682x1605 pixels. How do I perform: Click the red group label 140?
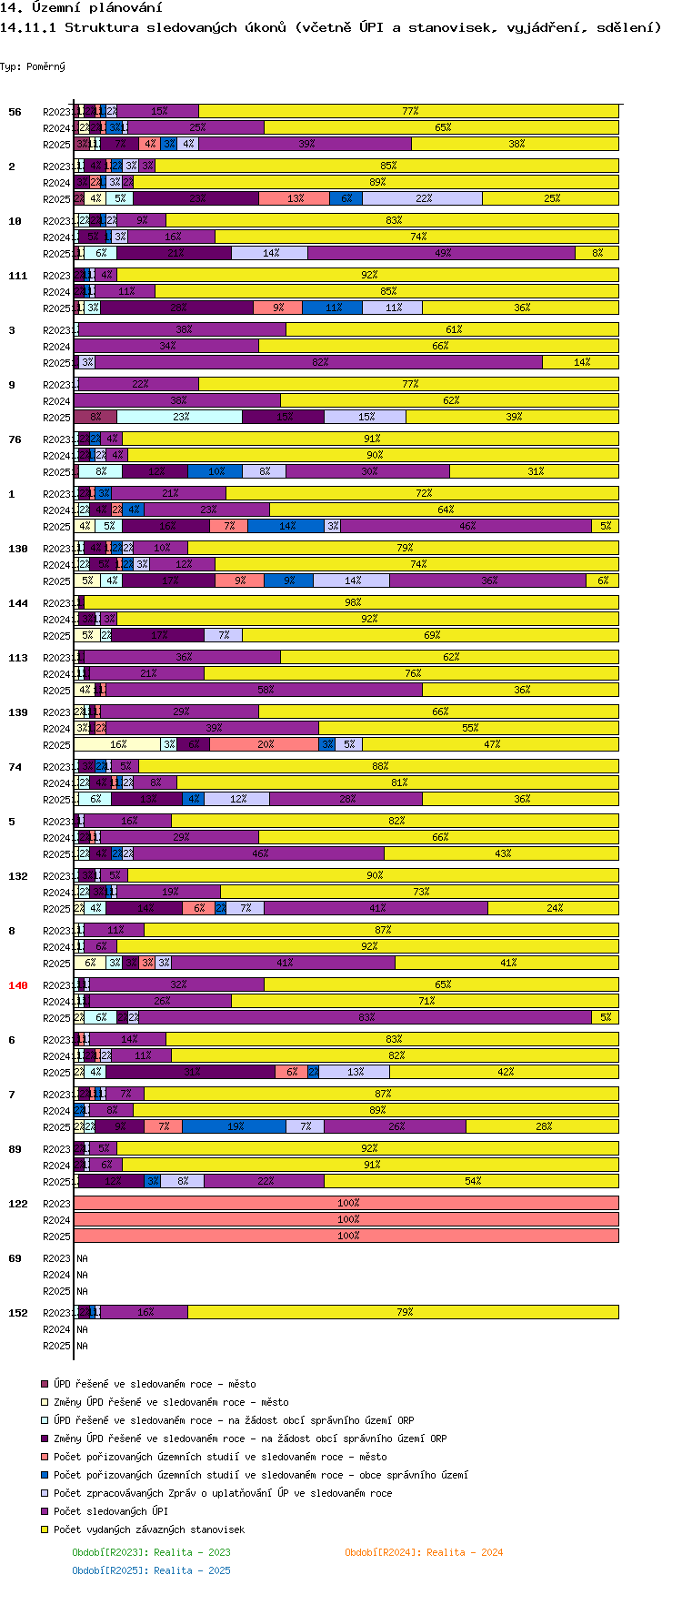click(x=17, y=985)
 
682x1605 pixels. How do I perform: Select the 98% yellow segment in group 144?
click(x=352, y=602)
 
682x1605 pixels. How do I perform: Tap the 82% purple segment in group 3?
click(x=319, y=362)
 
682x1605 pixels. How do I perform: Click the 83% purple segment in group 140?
click(x=366, y=1017)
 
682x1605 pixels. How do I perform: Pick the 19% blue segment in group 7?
click(x=235, y=1126)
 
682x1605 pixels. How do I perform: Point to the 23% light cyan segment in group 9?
click(x=180, y=417)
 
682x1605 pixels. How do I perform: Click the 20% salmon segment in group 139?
click(x=265, y=744)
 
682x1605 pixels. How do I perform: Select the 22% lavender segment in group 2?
click(x=423, y=198)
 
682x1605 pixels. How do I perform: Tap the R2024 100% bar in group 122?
click(x=346, y=1219)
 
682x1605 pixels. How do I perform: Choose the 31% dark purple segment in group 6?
click(x=191, y=1072)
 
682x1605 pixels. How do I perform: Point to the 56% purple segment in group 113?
click(x=265, y=690)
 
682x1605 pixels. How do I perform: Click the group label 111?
click(x=17, y=276)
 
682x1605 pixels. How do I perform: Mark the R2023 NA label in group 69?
click(x=82, y=1258)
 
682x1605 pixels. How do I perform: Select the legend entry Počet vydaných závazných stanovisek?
click(x=148, y=1529)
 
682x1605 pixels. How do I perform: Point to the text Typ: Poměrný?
click(x=32, y=66)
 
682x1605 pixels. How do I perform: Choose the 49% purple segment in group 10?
click(x=442, y=253)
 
